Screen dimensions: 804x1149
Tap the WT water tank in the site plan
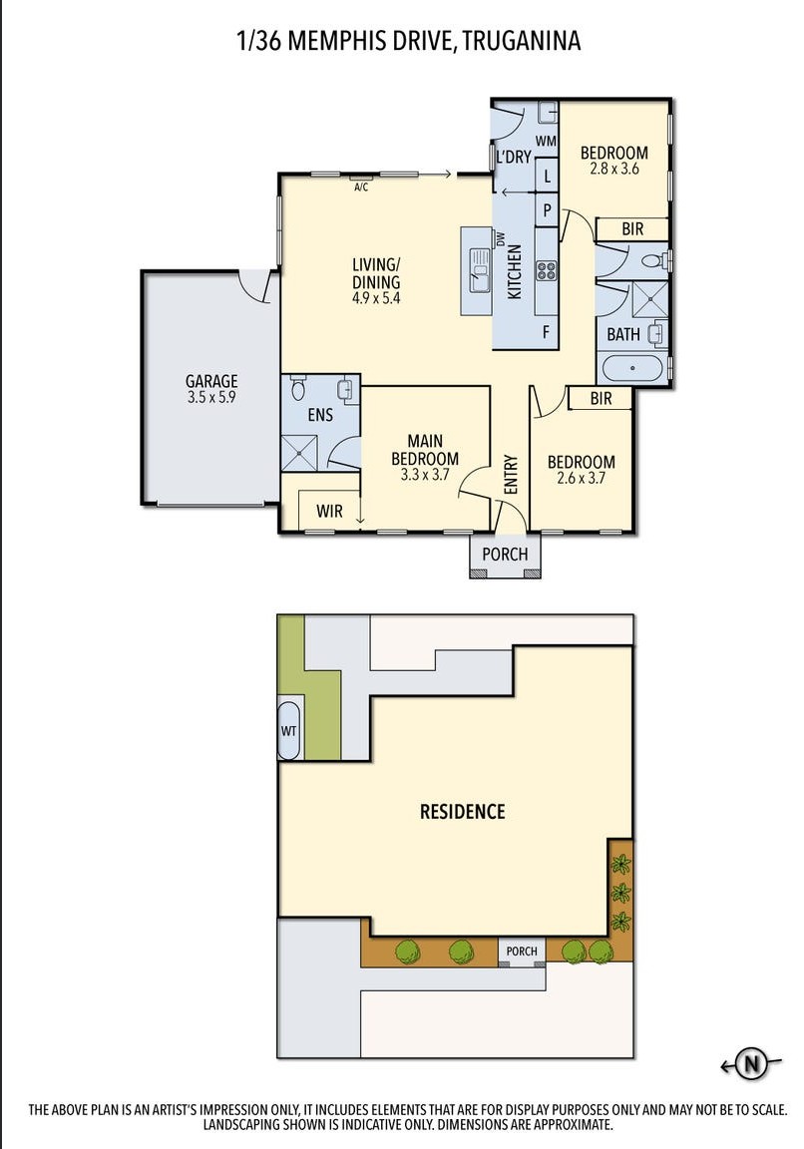(x=288, y=730)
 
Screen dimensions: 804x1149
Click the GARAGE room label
(x=211, y=381)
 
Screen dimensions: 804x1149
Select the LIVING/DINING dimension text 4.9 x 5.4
(x=376, y=298)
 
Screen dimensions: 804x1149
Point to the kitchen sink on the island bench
(x=479, y=269)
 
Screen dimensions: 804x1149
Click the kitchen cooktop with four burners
(x=546, y=270)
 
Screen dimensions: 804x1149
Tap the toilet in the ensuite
(x=297, y=387)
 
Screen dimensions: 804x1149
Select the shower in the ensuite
(x=299, y=454)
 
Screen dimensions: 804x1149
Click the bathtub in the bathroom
(x=631, y=367)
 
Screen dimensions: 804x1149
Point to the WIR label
(x=329, y=511)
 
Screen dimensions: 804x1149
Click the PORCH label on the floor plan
(x=505, y=554)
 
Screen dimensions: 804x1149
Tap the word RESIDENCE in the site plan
(x=463, y=811)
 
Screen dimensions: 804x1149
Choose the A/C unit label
(x=360, y=188)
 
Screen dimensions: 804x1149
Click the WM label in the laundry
(x=546, y=141)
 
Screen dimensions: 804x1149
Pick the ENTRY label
(x=511, y=474)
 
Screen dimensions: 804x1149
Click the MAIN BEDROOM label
(x=425, y=450)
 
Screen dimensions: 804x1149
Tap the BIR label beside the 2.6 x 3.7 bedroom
(x=601, y=398)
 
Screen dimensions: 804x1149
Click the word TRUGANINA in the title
(x=522, y=40)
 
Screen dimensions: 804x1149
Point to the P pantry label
(x=547, y=211)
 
